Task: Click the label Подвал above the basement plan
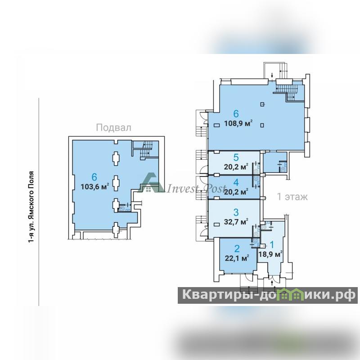click(x=114, y=128)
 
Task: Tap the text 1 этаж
click(x=292, y=197)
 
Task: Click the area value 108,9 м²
click(x=238, y=123)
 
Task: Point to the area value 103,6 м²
click(x=94, y=187)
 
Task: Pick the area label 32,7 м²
click(x=236, y=222)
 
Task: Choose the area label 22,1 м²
click(x=237, y=258)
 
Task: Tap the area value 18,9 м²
click(x=270, y=254)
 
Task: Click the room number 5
click(x=236, y=157)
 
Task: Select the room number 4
click(x=236, y=183)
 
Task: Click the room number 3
click(x=236, y=212)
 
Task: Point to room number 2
click(x=237, y=249)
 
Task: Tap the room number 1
click(x=272, y=245)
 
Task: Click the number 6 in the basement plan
click(x=94, y=177)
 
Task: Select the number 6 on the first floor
click(x=236, y=114)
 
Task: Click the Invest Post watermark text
click(x=196, y=189)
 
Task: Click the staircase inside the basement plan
click(x=145, y=150)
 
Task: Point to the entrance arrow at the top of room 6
click(x=272, y=75)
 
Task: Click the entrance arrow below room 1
click(x=272, y=283)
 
